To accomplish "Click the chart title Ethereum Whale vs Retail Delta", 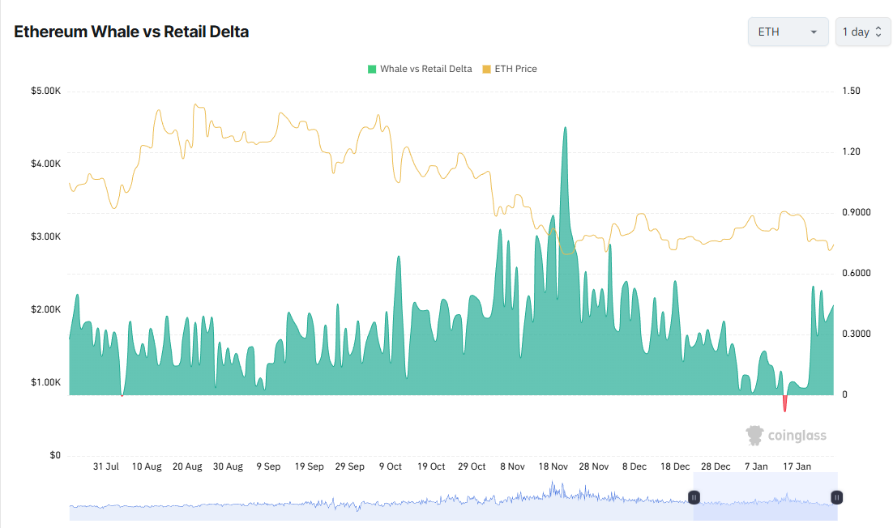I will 131,32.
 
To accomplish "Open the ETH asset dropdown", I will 788,32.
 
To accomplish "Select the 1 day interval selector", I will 862,32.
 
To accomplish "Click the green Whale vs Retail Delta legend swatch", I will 372,69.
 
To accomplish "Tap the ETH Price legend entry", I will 510,69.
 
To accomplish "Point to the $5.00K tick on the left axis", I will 45,91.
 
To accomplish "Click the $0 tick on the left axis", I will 55,455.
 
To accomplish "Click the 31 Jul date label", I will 106,466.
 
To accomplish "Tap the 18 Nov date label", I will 553,466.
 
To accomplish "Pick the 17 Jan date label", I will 797,466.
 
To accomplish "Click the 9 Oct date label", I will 391,466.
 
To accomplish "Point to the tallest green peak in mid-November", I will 565,128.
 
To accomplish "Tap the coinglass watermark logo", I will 786,436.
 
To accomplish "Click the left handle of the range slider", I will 694,496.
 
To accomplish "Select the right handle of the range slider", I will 837,496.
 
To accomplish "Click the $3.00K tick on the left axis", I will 45,236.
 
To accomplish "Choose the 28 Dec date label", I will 716,466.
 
